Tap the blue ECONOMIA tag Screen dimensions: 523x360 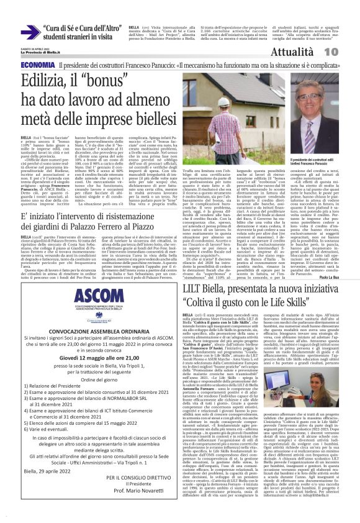point(37,65)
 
